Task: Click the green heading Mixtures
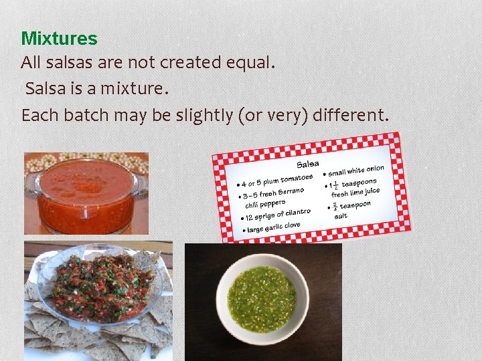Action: click(59, 39)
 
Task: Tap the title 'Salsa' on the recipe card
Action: click(308, 164)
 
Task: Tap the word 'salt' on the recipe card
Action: click(341, 216)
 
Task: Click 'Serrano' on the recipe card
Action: click(291, 192)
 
